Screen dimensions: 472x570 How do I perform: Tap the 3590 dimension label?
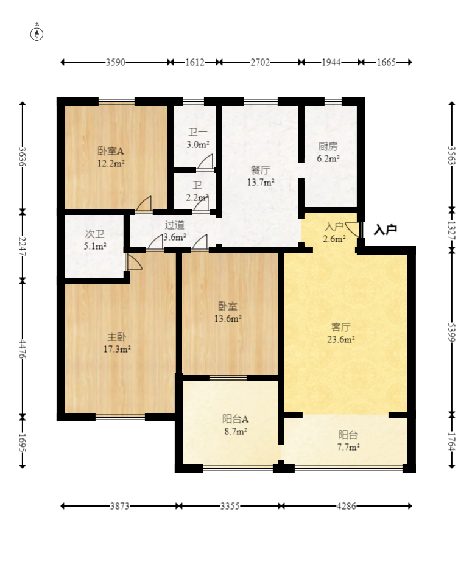point(116,62)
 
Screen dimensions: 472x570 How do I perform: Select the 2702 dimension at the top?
point(261,62)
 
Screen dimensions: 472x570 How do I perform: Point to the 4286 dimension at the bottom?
point(346,506)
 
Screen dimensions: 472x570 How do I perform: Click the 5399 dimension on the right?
point(452,332)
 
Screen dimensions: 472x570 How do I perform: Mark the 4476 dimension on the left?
point(23,349)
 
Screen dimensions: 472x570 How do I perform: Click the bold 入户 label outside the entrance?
point(386,230)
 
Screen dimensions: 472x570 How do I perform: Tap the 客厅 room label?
point(341,327)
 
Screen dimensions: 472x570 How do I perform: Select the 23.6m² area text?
point(341,340)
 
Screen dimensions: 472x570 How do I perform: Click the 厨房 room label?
point(328,146)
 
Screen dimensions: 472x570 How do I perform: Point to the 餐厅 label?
point(261,170)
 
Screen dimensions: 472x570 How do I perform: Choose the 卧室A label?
point(111,150)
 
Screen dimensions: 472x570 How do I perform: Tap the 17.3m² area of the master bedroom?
point(117,350)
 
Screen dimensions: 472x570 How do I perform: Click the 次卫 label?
point(95,234)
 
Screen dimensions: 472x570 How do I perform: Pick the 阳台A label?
point(235,419)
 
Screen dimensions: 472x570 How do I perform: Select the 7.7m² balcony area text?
point(348,447)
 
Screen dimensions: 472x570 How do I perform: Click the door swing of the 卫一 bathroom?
point(206,162)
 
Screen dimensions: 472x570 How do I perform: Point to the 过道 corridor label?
point(175,225)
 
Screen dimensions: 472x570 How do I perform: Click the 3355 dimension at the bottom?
point(230,506)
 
